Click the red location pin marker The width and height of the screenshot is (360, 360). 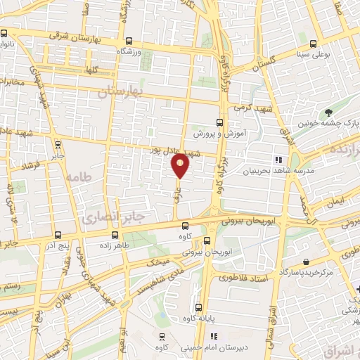181,165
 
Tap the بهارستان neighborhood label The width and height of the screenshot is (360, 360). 120,92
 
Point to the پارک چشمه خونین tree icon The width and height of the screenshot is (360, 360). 328,112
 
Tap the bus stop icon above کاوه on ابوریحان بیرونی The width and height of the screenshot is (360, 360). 185,225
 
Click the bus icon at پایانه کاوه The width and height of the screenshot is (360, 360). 199,307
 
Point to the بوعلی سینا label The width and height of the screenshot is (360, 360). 314,53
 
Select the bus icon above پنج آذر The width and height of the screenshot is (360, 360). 58,236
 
